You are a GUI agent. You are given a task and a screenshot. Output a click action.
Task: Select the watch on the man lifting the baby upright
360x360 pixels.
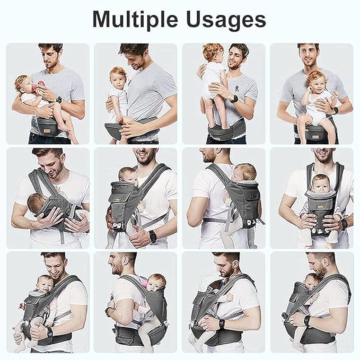point(233,98)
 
